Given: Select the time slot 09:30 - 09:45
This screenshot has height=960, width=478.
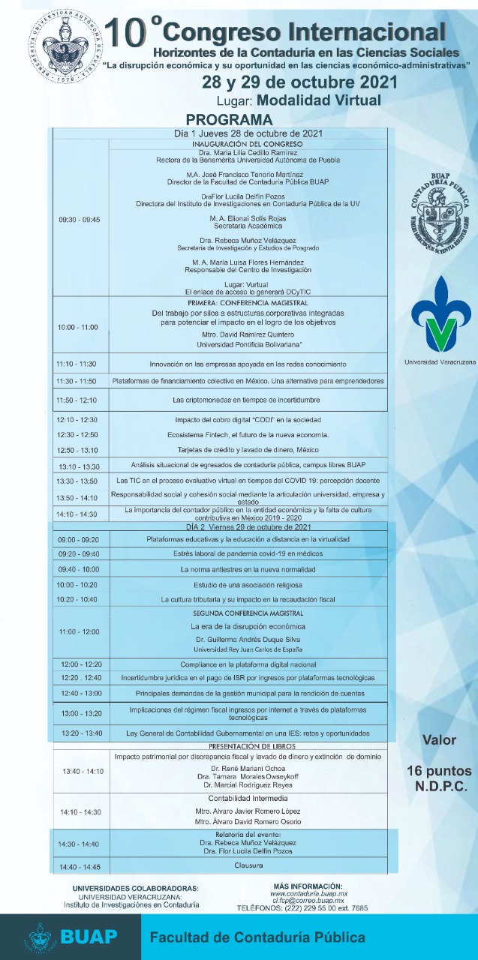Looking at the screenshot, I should [79, 220].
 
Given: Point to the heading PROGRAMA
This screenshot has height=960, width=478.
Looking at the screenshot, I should [230, 120].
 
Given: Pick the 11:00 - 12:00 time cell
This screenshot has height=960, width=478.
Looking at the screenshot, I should [79, 631].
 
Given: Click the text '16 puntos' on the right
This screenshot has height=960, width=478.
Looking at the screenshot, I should [439, 771].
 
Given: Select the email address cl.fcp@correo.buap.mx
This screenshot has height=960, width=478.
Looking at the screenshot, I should [308, 900].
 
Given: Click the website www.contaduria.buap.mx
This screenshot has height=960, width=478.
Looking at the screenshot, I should [308, 893].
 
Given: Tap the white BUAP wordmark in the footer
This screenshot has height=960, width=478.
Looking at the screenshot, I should [89, 937].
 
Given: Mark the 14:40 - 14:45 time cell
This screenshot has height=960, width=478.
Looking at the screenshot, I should [79, 868].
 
